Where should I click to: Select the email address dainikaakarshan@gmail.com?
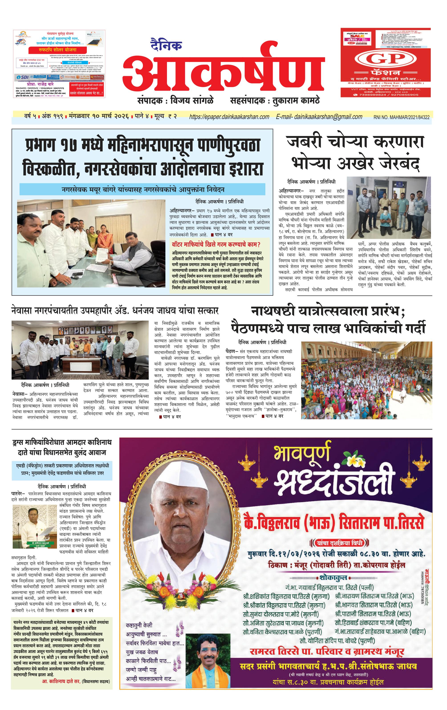click(x=319, y=117)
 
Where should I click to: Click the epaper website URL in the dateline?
click(x=229, y=117)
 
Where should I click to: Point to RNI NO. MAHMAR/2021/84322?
click(x=401, y=117)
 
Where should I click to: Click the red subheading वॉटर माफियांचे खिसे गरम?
click(x=216, y=244)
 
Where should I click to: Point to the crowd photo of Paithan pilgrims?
click(x=366, y=380)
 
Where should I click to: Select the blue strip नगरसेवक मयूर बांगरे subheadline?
click(x=143, y=189)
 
